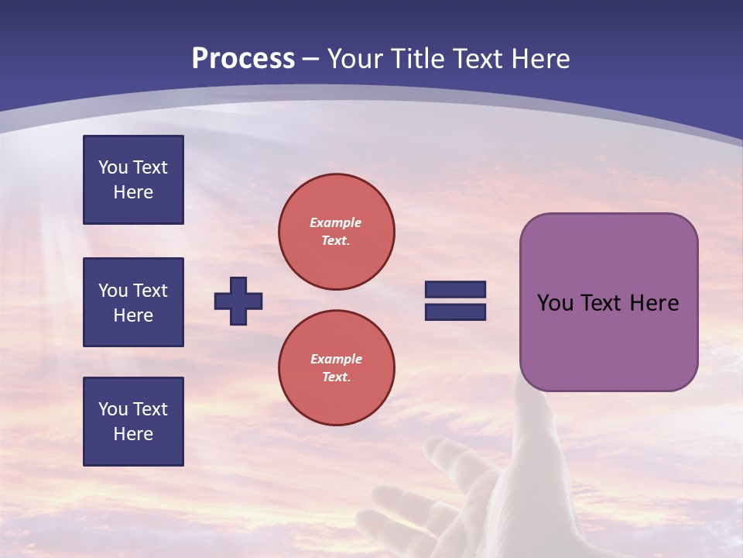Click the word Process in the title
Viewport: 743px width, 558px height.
pos(243,59)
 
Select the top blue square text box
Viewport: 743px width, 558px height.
pos(133,180)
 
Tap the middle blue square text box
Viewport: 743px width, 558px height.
pos(133,302)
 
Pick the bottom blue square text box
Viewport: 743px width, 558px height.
pos(133,422)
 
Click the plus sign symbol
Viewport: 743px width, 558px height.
pos(238,301)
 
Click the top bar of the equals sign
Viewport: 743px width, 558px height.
pos(455,290)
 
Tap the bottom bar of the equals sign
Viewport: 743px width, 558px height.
pos(455,312)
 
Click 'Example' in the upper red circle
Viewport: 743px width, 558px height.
pos(336,222)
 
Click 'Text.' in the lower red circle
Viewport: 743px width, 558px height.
pos(336,377)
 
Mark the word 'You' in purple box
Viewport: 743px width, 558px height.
pos(555,303)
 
